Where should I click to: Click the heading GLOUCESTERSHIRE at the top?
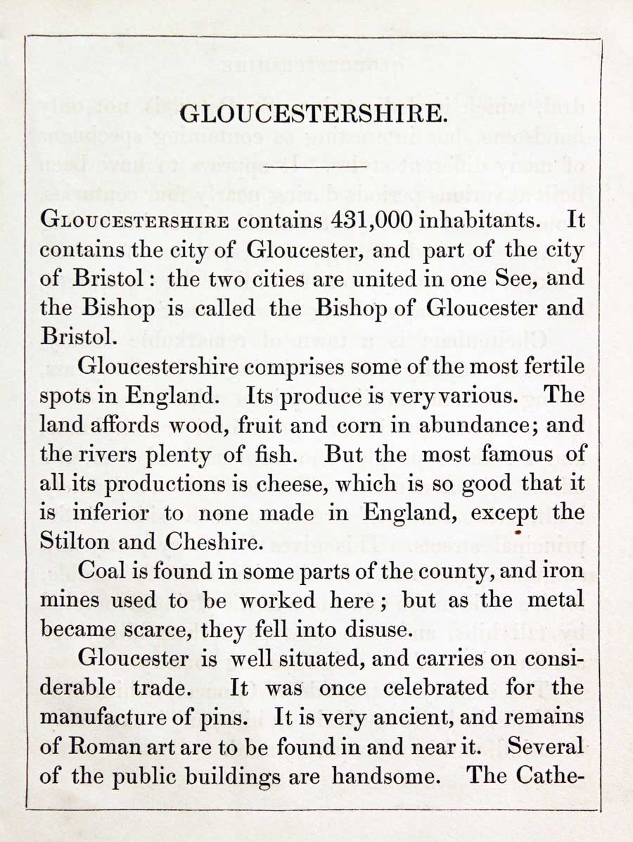click(x=312, y=114)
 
